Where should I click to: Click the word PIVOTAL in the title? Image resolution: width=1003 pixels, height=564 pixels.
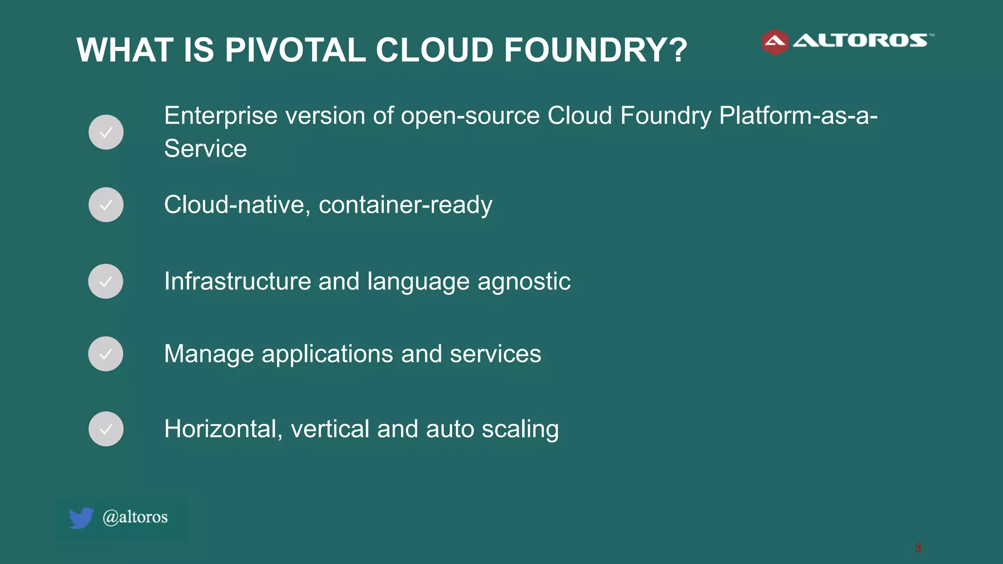point(295,50)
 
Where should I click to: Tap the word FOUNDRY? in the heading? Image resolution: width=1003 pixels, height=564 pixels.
point(595,50)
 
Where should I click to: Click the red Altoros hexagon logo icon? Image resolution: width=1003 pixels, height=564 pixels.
point(775,42)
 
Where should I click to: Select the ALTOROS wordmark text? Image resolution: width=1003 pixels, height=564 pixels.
point(860,41)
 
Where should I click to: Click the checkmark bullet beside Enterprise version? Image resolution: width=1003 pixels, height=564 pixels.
point(106,132)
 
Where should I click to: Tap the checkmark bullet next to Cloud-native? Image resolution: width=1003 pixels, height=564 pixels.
point(106,205)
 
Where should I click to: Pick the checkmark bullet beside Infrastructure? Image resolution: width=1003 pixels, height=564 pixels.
point(106,282)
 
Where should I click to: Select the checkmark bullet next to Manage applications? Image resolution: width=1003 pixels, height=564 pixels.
point(106,354)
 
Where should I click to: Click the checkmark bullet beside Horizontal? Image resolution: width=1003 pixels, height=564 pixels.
point(106,429)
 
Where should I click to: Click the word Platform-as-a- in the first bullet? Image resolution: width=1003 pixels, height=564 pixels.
point(798,116)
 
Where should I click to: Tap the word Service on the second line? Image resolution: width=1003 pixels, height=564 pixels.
point(205,149)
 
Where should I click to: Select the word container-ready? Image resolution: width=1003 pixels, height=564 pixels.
point(406,205)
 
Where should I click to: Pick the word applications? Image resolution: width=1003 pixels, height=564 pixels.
point(327,354)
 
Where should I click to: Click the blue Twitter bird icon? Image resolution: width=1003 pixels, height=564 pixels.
point(81,518)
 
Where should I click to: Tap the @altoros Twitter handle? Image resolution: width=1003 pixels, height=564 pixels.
point(135,517)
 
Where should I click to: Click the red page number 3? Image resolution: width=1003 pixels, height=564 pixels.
point(918,548)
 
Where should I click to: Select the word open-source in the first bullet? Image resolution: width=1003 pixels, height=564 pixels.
point(470,116)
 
